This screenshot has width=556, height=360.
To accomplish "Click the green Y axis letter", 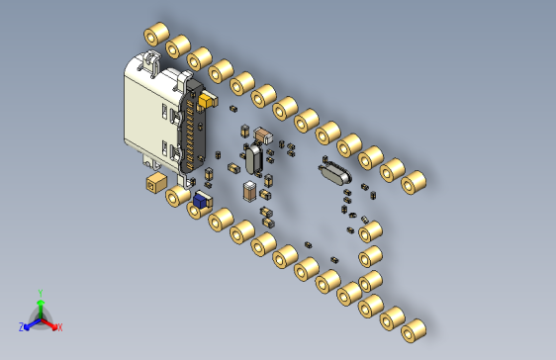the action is click(x=41, y=293).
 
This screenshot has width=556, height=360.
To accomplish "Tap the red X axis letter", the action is click(x=60, y=327).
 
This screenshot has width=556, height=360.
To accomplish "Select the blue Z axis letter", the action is click(x=22, y=327).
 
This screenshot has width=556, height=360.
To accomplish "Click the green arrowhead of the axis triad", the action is click(x=41, y=304).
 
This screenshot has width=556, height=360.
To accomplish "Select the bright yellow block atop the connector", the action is click(x=207, y=101).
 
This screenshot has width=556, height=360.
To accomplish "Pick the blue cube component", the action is click(x=200, y=201).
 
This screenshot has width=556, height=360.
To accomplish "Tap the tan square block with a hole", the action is click(x=156, y=183).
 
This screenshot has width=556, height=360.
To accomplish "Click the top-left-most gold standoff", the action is click(x=156, y=34).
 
